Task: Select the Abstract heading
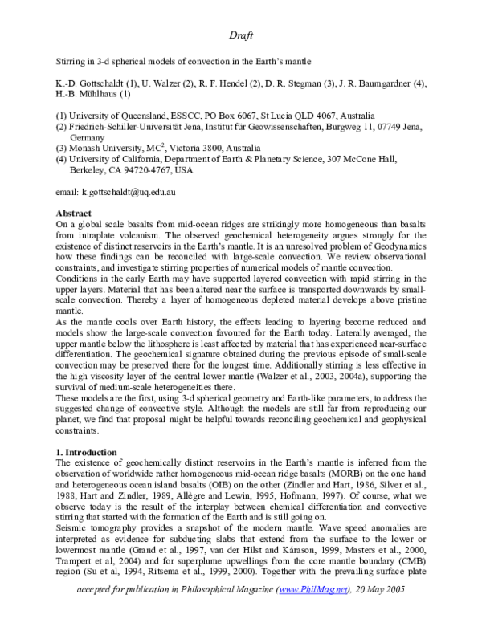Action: (73, 213)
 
